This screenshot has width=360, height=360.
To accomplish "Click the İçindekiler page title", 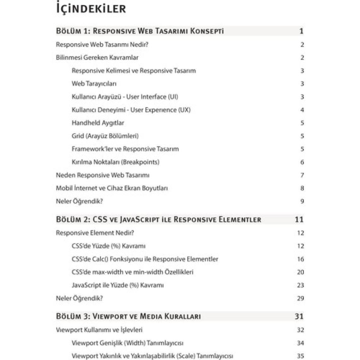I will tap(91, 9).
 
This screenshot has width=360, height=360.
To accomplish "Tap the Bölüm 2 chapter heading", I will tap(159, 219).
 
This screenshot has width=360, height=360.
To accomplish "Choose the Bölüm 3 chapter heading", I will tap(128, 316).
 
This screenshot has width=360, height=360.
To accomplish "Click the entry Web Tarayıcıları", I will tap(94, 84).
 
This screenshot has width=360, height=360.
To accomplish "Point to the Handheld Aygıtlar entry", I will tap(98, 123).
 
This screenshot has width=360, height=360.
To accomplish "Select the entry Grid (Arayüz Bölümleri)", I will tap(105, 136).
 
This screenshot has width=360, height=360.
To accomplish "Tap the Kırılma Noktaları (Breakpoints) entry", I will tap(116, 162).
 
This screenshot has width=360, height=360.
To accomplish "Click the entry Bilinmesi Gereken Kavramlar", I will tap(97, 57).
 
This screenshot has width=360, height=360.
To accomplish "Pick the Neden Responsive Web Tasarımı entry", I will tap(103, 175).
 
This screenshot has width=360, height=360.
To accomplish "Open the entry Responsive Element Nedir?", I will tap(95, 233).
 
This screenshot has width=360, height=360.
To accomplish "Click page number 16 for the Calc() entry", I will tap(300, 259).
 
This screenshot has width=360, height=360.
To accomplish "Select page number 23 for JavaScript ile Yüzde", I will tap(300, 285).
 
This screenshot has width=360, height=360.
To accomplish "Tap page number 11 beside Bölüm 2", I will tap(299, 219).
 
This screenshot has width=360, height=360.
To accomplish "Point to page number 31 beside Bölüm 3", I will tap(299, 316).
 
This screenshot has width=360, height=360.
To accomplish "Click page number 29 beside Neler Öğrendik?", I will tap(300, 298).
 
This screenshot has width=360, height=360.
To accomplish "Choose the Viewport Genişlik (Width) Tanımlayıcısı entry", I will tap(128, 343).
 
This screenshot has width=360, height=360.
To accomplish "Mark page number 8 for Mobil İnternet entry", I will tap(302, 188).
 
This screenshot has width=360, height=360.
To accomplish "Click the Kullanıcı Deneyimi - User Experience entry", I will tap(131, 110).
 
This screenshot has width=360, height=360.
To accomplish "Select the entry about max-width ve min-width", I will tap(133, 272).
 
